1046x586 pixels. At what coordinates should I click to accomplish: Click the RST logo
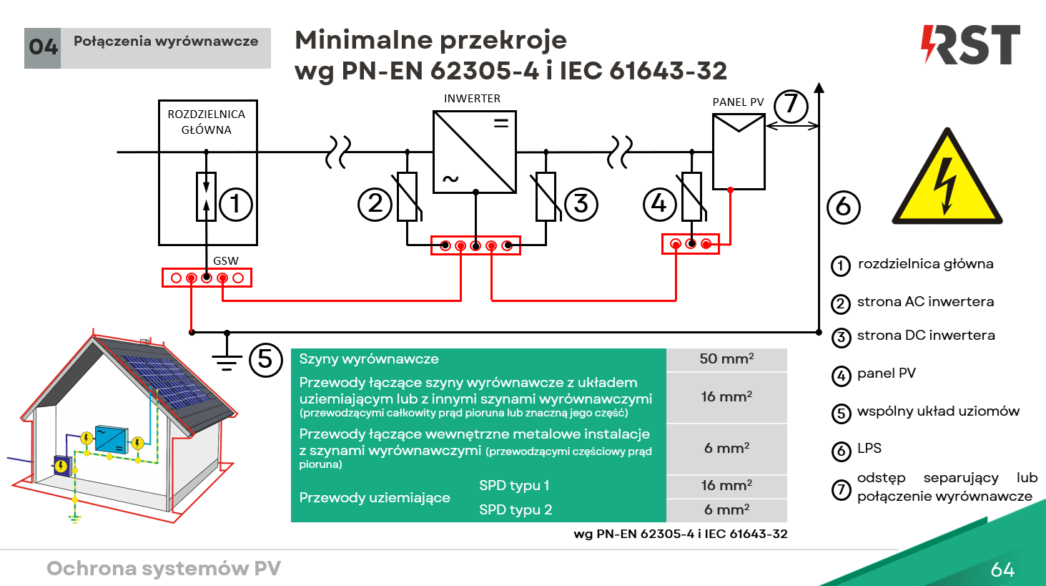coord(970,44)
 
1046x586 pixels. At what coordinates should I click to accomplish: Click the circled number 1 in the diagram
coord(235,204)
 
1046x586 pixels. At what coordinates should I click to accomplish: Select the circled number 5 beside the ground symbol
coord(265,359)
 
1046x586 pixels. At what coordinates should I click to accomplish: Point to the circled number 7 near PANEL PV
coord(791,106)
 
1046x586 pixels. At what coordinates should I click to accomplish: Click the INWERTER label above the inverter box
coord(472,99)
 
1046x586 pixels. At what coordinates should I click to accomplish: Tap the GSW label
coord(226,260)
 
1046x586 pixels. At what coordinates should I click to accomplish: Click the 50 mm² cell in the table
coord(726,358)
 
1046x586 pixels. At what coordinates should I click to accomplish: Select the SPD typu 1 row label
coord(514,486)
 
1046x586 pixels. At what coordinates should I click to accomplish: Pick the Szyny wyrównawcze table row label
coord(369,359)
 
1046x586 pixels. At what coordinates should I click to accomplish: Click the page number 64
coord(1002,570)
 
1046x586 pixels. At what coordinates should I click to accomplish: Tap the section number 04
coord(43,48)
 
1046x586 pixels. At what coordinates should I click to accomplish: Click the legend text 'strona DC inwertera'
coord(926,336)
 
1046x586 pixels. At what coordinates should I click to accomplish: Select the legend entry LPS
coord(869,449)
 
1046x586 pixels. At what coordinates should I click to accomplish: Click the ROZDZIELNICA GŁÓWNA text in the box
coord(207,122)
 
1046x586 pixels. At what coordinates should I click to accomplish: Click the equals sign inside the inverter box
coord(501,123)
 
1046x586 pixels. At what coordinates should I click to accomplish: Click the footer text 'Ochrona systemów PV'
coord(164,569)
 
